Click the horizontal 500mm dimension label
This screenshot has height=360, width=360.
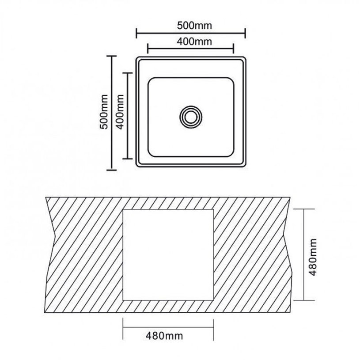[x=194, y=26]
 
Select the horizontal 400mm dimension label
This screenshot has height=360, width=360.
[x=194, y=42]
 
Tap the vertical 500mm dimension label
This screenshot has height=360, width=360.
[x=104, y=112]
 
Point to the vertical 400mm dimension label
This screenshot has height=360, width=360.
[x=120, y=112]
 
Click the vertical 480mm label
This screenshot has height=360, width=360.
[x=312, y=257]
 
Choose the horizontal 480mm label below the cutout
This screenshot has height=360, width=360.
[x=164, y=336]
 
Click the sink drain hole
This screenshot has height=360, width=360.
[x=191, y=117]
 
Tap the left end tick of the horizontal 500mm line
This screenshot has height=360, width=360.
[x=136, y=33]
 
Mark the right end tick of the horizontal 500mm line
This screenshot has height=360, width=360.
[x=246, y=33]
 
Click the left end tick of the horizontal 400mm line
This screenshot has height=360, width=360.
[x=148, y=49]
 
